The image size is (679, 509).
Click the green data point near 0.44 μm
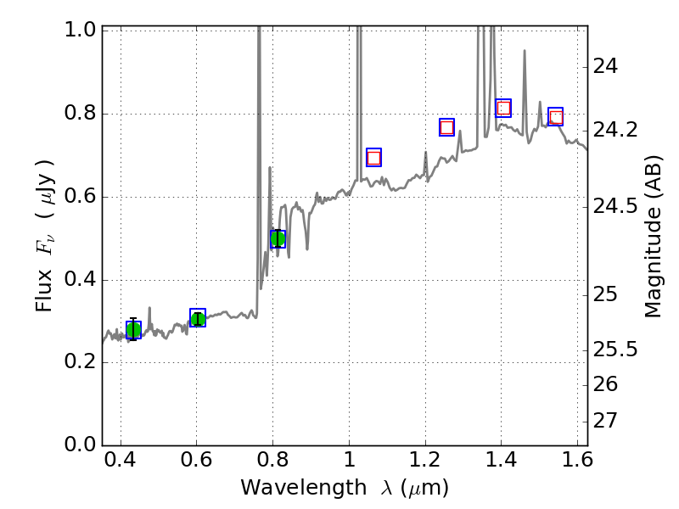tap(133, 330)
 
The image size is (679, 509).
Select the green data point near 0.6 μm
tap(198, 318)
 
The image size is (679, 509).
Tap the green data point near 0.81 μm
tap(278, 239)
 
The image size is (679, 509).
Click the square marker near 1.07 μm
tap(373, 157)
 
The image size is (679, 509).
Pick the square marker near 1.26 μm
tap(447, 127)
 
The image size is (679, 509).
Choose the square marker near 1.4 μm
tap(503, 108)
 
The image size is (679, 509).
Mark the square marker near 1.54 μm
tap(556, 116)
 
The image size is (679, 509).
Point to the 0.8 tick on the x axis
tap(272, 463)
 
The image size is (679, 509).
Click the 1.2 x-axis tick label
tap(424, 463)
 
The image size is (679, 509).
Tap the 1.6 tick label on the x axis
tap(577, 463)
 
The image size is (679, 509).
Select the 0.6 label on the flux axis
tap(81, 198)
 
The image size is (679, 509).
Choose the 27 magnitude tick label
tap(609, 421)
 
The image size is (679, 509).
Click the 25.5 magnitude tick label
tap(617, 350)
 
